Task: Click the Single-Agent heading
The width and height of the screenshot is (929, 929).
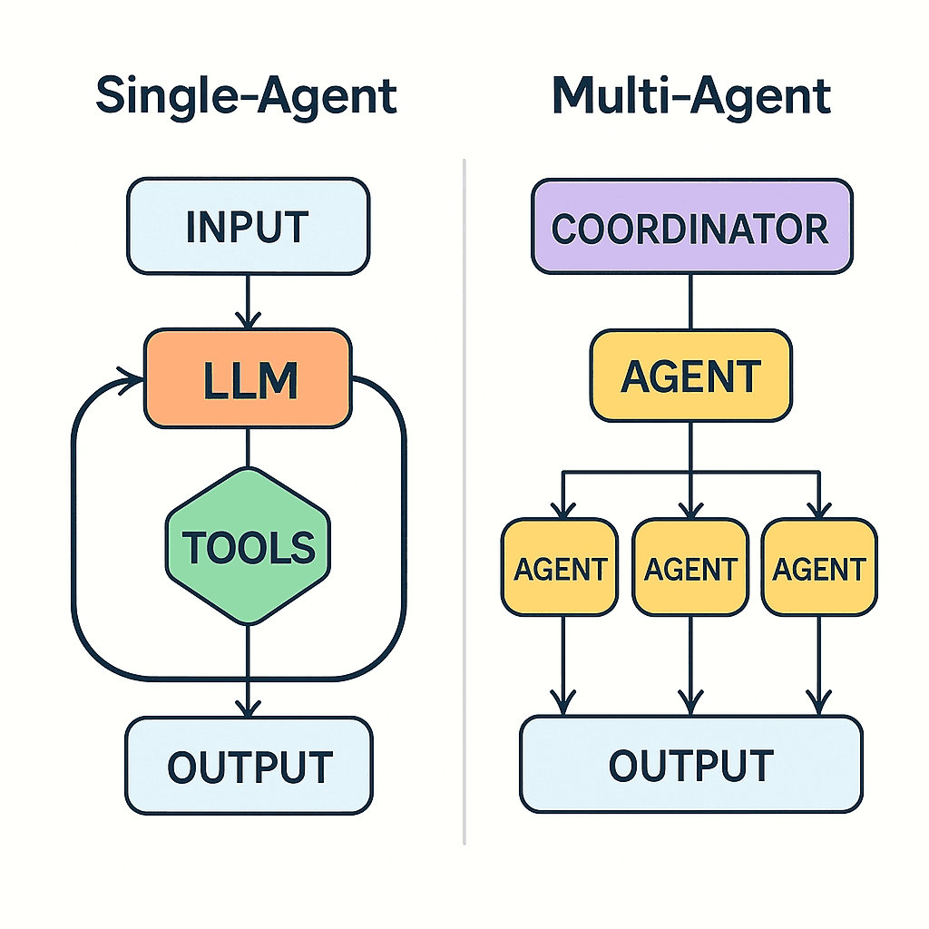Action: [x=246, y=95]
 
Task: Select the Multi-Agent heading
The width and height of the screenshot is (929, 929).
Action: [x=691, y=95]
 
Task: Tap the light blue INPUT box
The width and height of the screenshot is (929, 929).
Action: [x=248, y=226]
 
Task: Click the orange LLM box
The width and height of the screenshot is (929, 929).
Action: [x=248, y=378]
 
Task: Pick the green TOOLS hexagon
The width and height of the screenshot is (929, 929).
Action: [x=248, y=546]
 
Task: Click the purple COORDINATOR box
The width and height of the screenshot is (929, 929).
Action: [x=691, y=226]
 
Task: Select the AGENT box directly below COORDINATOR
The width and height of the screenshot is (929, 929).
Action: [x=691, y=376]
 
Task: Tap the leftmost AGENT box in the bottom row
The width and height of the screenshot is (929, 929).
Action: [x=561, y=568]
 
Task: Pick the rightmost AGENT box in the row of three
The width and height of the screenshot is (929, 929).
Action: [x=820, y=568]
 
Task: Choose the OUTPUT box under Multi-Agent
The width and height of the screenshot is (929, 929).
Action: [x=691, y=765]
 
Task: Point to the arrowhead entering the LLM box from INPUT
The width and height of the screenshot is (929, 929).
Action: [x=248, y=320]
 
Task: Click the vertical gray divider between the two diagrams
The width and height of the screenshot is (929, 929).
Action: [x=464, y=499]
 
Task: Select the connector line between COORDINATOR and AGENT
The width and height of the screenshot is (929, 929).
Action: [x=691, y=301]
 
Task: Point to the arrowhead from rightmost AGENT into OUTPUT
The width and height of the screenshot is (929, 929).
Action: [x=820, y=702]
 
